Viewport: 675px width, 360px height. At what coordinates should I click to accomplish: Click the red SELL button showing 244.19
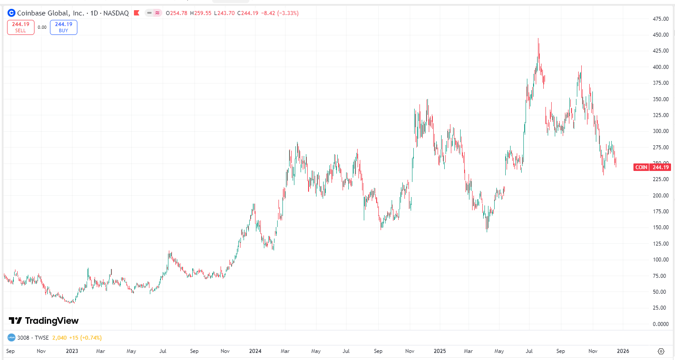coord(21,27)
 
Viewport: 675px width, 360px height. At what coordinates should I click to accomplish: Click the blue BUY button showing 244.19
coord(64,27)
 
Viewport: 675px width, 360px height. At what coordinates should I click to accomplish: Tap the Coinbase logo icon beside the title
coord(11,13)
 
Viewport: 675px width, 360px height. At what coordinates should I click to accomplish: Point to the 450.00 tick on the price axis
coord(660,35)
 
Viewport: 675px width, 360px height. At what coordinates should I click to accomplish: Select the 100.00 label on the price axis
coord(660,260)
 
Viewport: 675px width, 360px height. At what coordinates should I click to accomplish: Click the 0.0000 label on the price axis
coord(660,324)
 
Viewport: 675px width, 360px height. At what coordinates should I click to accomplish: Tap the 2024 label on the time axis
coord(255,351)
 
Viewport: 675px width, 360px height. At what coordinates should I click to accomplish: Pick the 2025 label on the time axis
coord(439,351)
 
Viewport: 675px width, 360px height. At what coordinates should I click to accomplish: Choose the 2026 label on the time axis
coord(623,351)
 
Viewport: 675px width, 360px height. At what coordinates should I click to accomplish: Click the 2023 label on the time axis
coord(72,351)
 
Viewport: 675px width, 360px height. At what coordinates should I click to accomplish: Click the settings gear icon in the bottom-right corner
coord(661,351)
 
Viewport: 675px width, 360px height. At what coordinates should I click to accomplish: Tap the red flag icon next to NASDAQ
coord(137,13)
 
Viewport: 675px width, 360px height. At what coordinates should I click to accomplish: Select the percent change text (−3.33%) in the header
coord(287,13)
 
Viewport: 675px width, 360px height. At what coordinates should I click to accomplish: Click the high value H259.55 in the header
coord(201,13)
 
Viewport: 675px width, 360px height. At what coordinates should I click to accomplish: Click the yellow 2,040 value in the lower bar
coord(59,338)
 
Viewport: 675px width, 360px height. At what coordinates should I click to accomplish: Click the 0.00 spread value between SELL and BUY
coord(42,27)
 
